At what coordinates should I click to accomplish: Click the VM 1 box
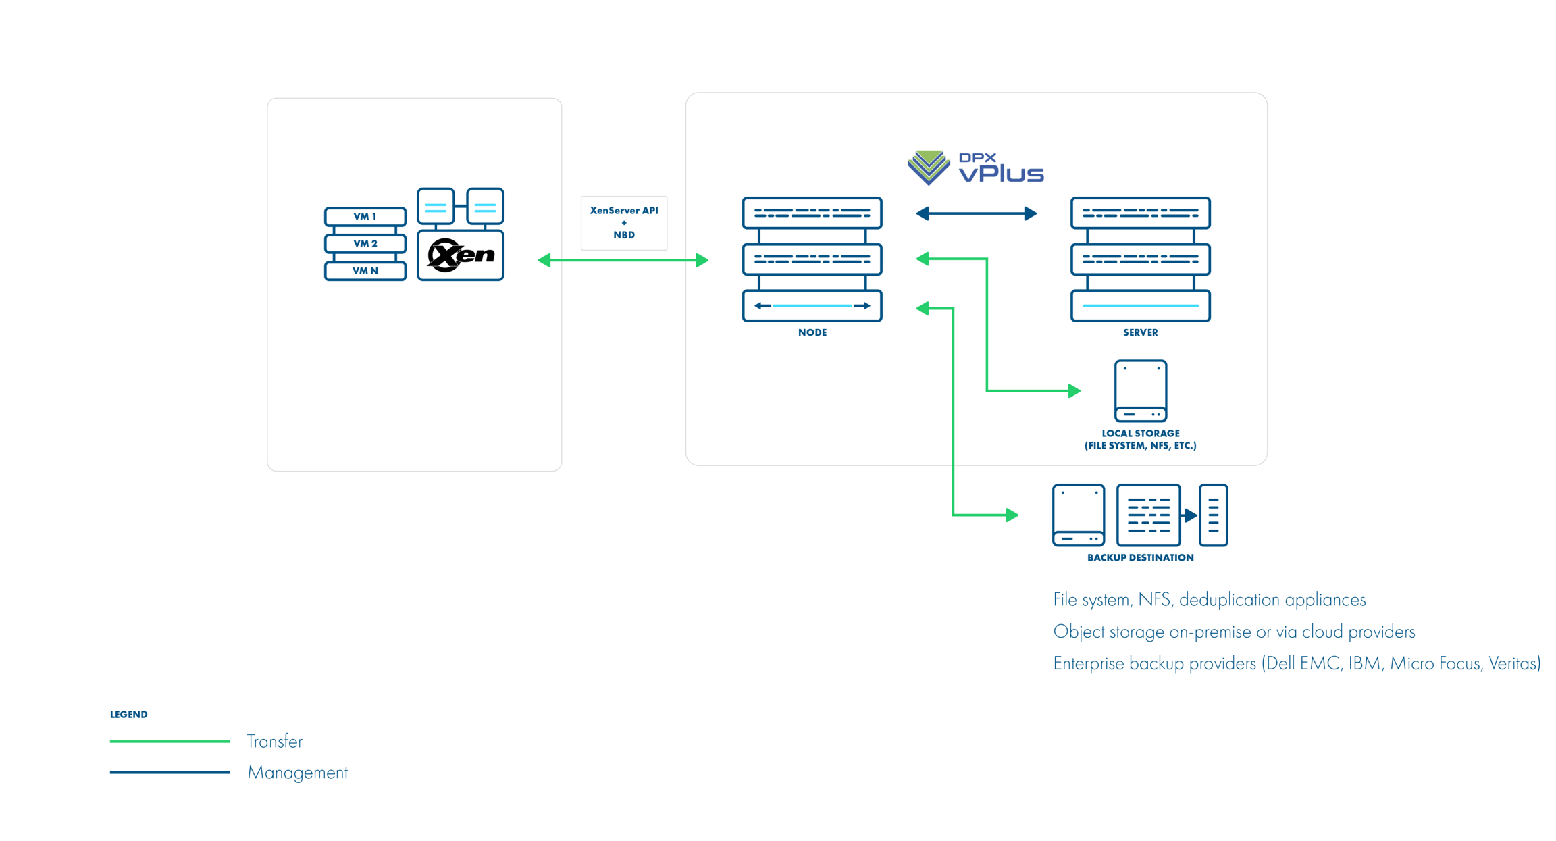[365, 216]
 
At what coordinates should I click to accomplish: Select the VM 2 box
[365, 243]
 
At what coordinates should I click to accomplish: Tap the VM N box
[365, 271]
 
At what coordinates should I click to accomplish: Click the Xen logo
[461, 255]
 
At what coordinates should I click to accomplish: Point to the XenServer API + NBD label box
[623, 223]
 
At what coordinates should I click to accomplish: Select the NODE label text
[812, 332]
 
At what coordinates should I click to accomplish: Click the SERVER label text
[1140, 332]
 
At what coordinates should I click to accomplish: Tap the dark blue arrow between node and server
[976, 214]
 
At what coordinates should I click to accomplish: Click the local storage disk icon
[1140, 390]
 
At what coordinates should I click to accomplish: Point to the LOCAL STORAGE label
[1140, 439]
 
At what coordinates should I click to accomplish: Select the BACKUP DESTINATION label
[1140, 557]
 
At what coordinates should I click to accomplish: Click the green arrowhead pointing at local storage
[1074, 390]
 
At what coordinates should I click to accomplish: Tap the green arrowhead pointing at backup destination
[1012, 515]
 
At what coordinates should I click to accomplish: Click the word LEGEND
[128, 714]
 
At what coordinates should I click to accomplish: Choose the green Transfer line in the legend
[170, 741]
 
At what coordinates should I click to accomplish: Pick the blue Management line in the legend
[170, 772]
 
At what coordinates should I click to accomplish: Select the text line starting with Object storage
[1233, 632]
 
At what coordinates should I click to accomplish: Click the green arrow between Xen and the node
[623, 260]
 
